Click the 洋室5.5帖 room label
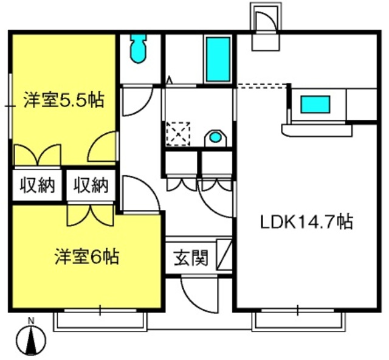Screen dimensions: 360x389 pos(64,100)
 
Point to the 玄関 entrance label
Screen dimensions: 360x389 pos(190,259)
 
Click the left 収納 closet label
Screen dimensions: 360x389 pos(36,185)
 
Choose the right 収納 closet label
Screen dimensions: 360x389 pos(91,185)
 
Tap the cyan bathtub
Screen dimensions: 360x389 pos(218,59)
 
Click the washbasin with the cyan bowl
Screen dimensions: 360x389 pos(215,137)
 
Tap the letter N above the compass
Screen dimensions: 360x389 pos(32,321)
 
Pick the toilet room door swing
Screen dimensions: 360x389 pos(137,102)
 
